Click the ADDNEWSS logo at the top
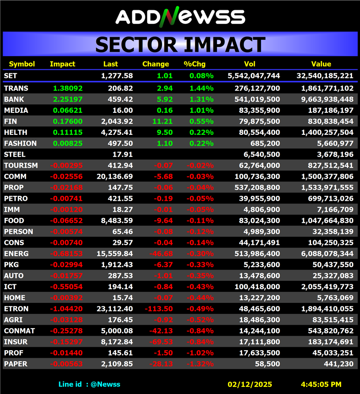(180, 16)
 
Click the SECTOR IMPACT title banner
(180, 45)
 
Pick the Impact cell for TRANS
(68, 88)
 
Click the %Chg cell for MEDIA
(201, 110)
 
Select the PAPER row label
(15, 364)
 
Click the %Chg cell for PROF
(201, 353)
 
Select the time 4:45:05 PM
(321, 384)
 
